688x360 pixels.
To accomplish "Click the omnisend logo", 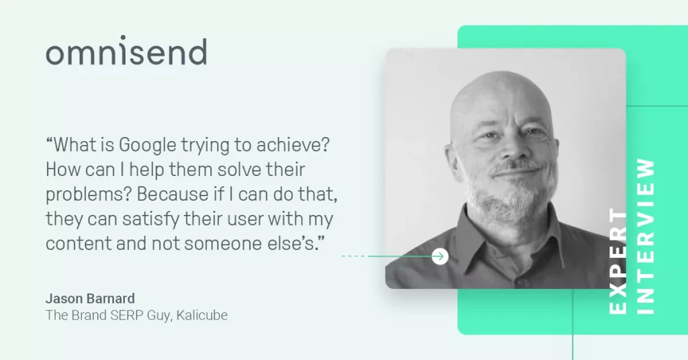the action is [x=126, y=51].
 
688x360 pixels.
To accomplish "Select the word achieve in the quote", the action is [x=293, y=144].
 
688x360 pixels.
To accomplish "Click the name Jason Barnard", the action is [x=90, y=299].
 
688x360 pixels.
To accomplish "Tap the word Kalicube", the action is [x=202, y=315].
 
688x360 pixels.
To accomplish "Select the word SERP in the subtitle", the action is [x=124, y=315].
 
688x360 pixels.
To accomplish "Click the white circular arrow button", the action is [x=439, y=256].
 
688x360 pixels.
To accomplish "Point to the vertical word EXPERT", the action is [x=618, y=262].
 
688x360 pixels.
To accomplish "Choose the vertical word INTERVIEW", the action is [x=646, y=236].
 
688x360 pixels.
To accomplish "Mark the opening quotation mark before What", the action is [x=49, y=140].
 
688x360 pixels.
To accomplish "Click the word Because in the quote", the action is [x=173, y=194].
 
